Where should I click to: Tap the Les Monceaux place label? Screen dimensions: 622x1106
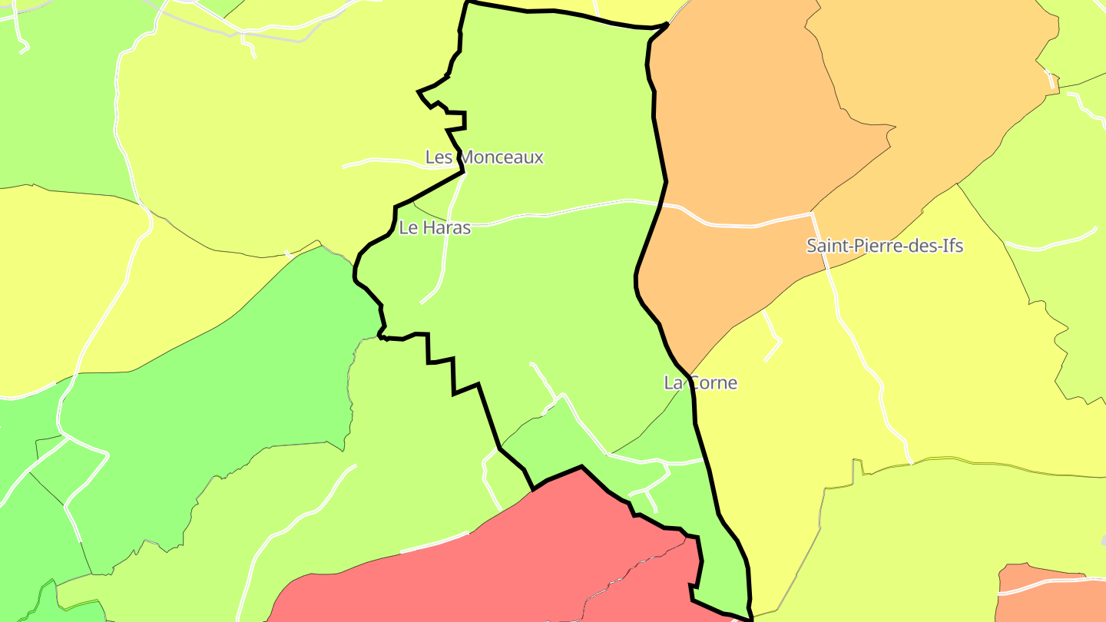pyautogui.click(x=484, y=157)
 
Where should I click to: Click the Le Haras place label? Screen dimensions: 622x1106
pyautogui.click(x=435, y=227)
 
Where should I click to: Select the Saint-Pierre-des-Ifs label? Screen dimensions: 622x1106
pyautogui.click(x=884, y=246)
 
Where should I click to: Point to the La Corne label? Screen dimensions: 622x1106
pyautogui.click(x=700, y=382)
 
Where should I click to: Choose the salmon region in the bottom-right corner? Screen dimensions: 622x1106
pyautogui.click(x=1052, y=603)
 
